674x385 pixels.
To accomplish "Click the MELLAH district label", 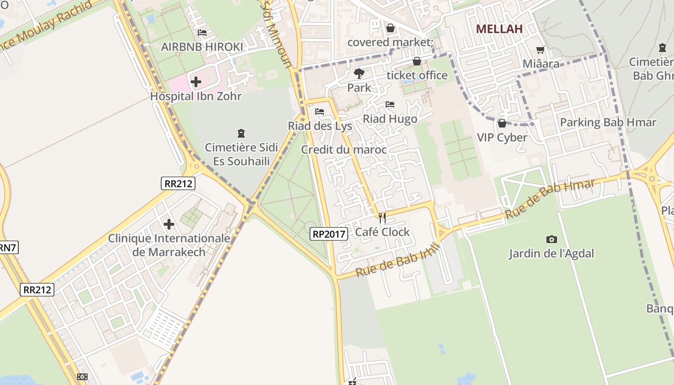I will coord(499,29).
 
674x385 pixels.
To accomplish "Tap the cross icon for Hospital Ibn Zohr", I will coord(196,82).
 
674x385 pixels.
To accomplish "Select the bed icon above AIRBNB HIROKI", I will coord(202,33).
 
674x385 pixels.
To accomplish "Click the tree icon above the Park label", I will coord(359,74).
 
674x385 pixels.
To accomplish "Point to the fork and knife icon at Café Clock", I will coord(382,218).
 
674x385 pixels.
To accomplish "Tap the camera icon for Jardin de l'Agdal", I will coord(552,239).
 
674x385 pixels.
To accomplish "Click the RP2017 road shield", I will coord(329,234).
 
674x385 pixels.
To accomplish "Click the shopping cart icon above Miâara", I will coord(541,50).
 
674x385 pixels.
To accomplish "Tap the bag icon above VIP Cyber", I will coord(502,123).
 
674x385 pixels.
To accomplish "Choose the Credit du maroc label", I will coord(344,150).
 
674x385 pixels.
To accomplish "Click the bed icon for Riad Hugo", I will coord(390,104).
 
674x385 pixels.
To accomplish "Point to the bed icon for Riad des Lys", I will coord(320,112).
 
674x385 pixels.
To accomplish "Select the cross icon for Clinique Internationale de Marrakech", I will coord(169,224).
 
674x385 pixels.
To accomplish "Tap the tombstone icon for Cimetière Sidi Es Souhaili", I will coord(241,133).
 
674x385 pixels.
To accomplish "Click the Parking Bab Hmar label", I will coord(608,122).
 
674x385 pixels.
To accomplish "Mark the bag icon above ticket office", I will coord(417,61).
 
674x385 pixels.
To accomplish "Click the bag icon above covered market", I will coord(390,28).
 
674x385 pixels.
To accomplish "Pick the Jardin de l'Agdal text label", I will coord(552,254).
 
